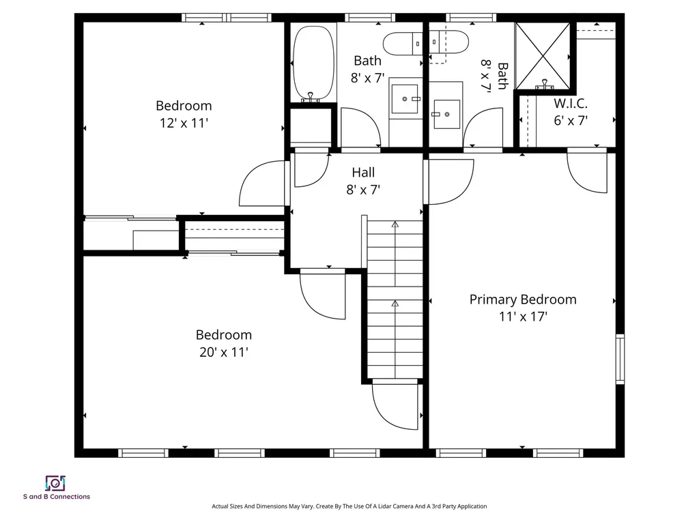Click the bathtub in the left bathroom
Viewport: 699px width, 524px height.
click(313, 63)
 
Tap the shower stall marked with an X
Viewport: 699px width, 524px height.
click(543, 57)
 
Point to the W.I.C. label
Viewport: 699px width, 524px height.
click(570, 104)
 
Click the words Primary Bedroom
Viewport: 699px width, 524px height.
click(522, 300)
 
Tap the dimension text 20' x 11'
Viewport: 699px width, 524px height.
click(223, 352)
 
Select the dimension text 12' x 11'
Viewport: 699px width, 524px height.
click(183, 123)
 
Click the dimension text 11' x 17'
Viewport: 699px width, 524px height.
click(522, 317)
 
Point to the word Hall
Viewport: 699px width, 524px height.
click(362, 173)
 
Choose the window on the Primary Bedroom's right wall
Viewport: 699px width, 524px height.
click(620, 359)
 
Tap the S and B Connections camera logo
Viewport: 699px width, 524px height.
click(54, 483)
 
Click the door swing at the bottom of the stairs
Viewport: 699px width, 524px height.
click(395, 407)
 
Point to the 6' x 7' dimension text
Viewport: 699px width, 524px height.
click(570, 120)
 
